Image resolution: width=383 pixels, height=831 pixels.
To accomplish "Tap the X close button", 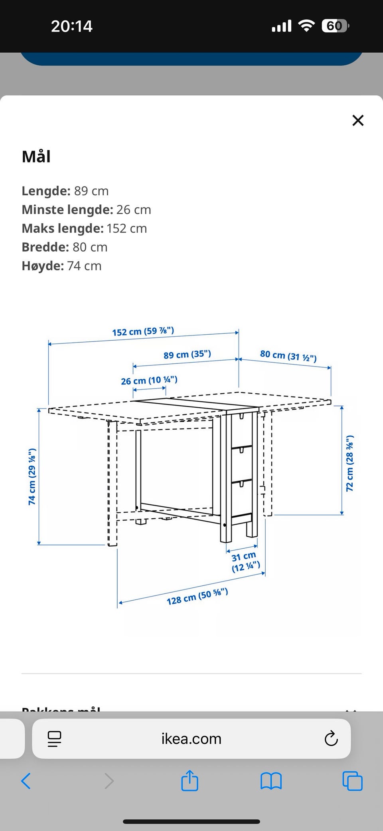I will [x=358, y=120].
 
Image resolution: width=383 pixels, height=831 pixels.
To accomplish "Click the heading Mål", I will [x=36, y=157].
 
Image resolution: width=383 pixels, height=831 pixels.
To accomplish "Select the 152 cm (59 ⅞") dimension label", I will [x=143, y=331].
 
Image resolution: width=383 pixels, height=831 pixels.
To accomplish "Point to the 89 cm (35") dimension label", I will [x=187, y=355].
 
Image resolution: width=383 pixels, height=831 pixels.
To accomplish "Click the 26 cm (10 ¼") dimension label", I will [x=149, y=380].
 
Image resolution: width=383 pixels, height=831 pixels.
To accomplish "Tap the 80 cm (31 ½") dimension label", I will [x=288, y=355].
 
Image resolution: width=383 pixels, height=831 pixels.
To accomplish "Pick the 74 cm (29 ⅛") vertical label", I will [x=32, y=476].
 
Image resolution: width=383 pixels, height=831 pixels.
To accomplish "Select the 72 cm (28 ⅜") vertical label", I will [x=349, y=463].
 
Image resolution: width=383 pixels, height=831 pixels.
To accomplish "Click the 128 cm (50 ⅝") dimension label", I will [x=197, y=597].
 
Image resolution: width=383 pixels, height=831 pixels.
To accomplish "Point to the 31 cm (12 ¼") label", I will [x=245, y=561].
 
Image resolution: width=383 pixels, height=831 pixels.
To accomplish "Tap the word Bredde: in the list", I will [x=45, y=247].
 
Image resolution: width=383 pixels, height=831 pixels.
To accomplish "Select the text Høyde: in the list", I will [x=43, y=266].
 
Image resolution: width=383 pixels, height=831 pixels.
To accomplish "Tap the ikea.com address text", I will [x=191, y=739].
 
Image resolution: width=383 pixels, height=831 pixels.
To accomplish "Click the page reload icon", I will [x=331, y=739].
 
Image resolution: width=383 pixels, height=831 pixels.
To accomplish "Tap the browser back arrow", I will [x=26, y=781].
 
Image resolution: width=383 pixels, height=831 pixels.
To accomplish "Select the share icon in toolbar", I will [x=190, y=781].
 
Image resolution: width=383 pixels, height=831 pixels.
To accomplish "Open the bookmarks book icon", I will [x=271, y=781].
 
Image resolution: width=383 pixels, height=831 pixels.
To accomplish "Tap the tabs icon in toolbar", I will [x=352, y=781].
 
